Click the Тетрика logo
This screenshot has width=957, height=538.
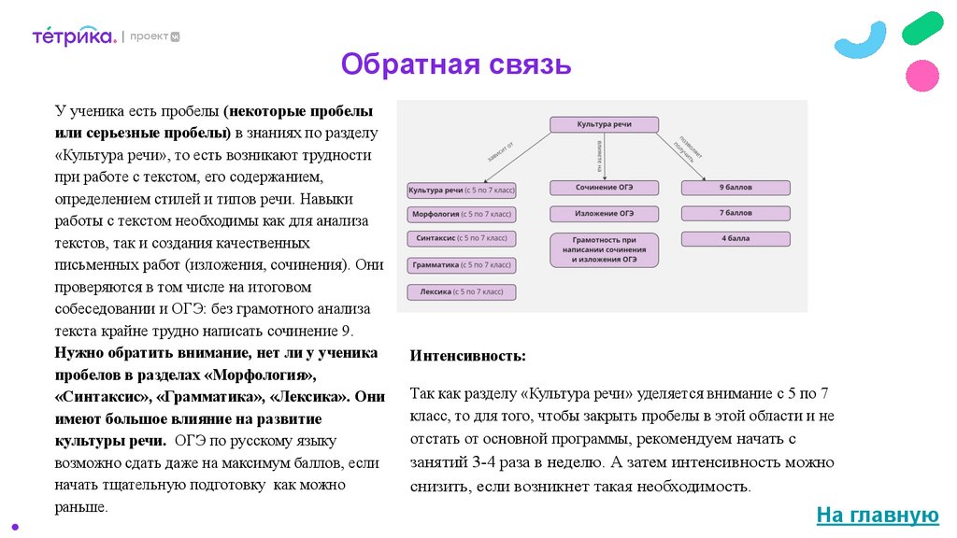click(74, 36)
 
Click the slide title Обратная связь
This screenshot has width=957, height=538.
click(455, 64)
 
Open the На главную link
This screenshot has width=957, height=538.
click(877, 515)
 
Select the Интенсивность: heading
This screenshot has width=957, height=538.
click(467, 356)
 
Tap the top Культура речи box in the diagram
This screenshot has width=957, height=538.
click(604, 124)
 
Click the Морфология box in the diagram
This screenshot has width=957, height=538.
click(462, 214)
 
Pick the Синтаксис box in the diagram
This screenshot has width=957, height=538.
click(462, 238)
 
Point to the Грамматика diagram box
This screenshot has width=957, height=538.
click(462, 265)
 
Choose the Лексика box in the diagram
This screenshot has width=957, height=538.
click(462, 291)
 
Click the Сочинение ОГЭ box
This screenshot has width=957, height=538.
click(604, 188)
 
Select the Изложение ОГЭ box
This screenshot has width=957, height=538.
click(604, 213)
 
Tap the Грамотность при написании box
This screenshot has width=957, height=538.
click(604, 249)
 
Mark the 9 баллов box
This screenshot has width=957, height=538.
click(735, 188)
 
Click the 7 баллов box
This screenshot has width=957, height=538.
click(735, 213)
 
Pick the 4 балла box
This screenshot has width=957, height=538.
click(735, 238)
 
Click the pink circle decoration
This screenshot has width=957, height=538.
click(922, 75)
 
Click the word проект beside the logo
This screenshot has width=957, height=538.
click(149, 36)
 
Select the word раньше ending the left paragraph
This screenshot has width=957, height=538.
click(81, 508)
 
